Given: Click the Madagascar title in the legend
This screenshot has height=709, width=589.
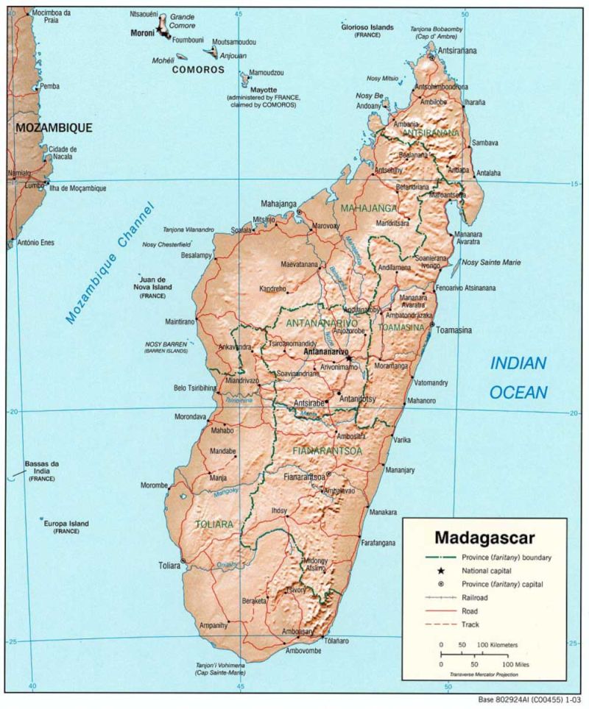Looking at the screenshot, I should (484, 538).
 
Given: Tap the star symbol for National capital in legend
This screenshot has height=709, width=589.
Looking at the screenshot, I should (440, 571).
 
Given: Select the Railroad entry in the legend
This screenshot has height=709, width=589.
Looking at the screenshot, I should (474, 598).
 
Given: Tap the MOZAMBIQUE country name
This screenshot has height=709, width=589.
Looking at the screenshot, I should (54, 127).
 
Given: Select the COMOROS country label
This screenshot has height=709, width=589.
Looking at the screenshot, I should (197, 70).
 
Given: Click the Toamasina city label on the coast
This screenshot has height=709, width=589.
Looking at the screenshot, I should (454, 330).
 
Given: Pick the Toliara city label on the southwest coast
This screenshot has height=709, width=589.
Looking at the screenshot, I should (169, 566).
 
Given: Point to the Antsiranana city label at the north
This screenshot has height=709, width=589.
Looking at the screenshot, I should (457, 51).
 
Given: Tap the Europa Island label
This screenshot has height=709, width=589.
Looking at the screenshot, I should (66, 524).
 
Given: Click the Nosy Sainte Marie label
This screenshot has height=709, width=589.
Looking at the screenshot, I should (492, 262).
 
